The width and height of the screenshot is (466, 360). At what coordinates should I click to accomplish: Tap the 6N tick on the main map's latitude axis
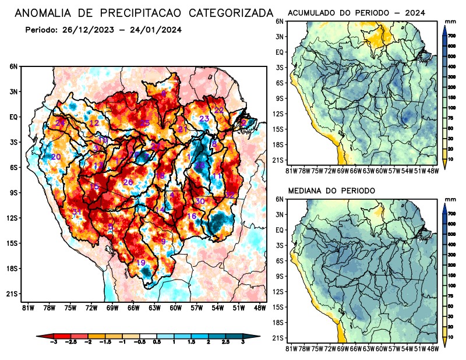click(x=13, y=66)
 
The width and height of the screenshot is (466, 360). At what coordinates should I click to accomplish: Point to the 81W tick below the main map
click(x=27, y=307)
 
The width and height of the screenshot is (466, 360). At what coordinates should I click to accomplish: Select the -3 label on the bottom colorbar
click(x=54, y=345)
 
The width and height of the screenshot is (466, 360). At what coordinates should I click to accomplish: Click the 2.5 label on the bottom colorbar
click(x=226, y=345)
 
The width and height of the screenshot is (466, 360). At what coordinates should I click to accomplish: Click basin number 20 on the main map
click(x=56, y=157)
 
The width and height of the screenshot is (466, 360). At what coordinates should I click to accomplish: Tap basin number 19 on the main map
click(x=141, y=263)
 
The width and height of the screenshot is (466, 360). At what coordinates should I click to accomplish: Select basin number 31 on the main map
click(x=76, y=211)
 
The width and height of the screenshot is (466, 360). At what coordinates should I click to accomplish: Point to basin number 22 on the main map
click(x=219, y=110)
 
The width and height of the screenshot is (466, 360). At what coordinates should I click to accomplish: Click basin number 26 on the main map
click(x=128, y=182)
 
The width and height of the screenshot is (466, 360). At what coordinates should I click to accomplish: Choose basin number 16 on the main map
click(x=192, y=216)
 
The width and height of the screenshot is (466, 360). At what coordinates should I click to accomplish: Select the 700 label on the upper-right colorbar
click(x=451, y=36)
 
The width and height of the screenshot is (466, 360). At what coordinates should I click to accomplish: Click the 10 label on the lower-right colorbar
click(x=451, y=337)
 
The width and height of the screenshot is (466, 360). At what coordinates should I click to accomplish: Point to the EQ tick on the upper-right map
click(x=280, y=52)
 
